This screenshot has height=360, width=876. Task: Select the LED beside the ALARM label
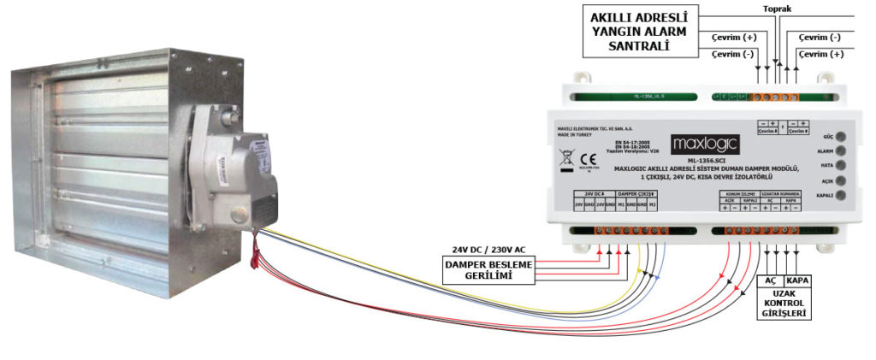(841, 150)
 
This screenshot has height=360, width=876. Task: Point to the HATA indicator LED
(841, 165)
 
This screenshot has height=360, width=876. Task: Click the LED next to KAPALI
(841, 195)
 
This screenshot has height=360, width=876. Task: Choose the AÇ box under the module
(770, 281)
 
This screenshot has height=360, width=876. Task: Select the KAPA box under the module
(797, 281)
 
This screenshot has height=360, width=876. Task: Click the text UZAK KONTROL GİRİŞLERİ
(785, 304)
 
